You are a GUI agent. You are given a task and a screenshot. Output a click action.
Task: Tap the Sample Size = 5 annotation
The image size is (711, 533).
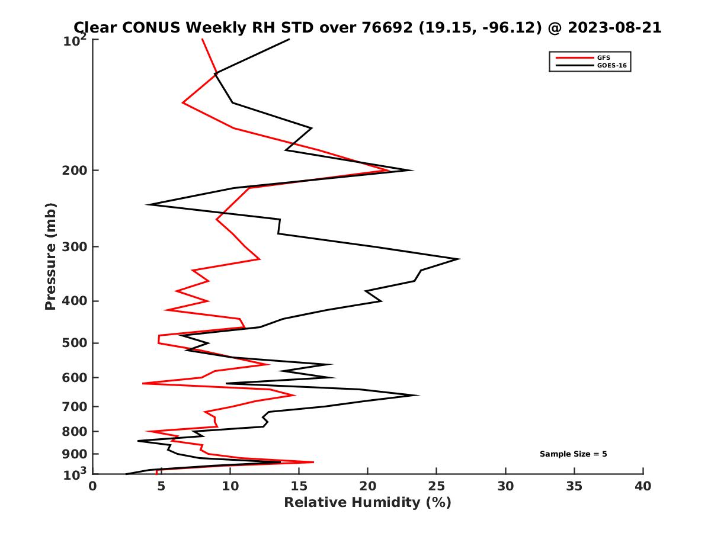point(573,454)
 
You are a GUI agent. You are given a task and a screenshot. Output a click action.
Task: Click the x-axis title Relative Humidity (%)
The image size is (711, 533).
point(367,503)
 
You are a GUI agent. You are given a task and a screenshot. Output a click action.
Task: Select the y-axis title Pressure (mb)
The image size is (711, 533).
point(50,256)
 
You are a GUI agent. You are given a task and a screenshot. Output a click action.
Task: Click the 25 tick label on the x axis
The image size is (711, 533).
point(437,486)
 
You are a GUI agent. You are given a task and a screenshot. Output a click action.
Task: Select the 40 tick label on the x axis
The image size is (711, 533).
point(643,486)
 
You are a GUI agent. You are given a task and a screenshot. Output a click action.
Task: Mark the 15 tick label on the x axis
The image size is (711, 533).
point(299,486)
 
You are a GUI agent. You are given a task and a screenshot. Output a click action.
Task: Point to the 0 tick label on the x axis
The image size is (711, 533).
point(93,486)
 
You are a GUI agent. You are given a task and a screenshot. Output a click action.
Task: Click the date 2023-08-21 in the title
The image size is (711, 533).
point(613,27)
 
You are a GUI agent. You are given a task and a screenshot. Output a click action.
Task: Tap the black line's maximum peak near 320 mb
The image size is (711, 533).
point(459,259)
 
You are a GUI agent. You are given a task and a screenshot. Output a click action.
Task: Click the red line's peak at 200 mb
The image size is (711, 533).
point(389,171)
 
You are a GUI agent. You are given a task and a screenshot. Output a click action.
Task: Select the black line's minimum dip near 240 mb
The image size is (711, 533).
point(148,205)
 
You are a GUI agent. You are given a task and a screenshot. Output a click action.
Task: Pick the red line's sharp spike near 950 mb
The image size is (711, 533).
point(313,462)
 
